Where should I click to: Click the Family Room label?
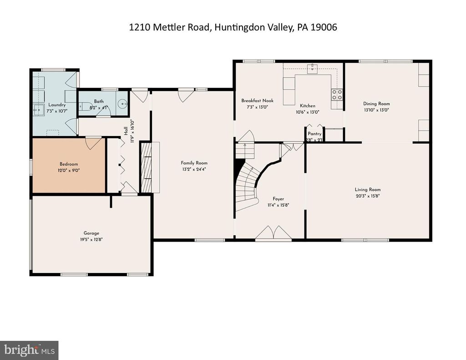(194, 163)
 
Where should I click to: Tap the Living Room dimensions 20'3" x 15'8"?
(368, 196)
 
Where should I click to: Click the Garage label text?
(91, 233)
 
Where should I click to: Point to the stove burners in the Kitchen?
(337, 95)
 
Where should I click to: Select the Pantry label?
(314, 134)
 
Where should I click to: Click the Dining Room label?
(376, 104)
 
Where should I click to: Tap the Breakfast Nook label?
(257, 101)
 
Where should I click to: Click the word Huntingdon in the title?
(236, 27)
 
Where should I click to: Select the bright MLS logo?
(29, 350)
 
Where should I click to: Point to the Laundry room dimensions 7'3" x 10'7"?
(57, 110)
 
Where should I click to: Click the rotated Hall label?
(126, 130)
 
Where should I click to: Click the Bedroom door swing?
(93, 142)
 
